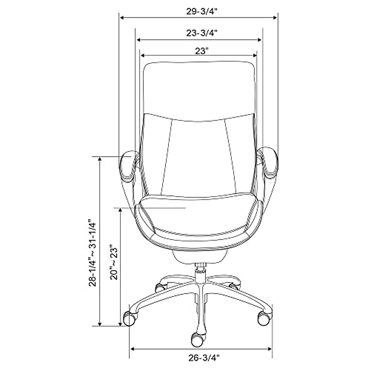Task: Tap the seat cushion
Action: pos(199,216)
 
